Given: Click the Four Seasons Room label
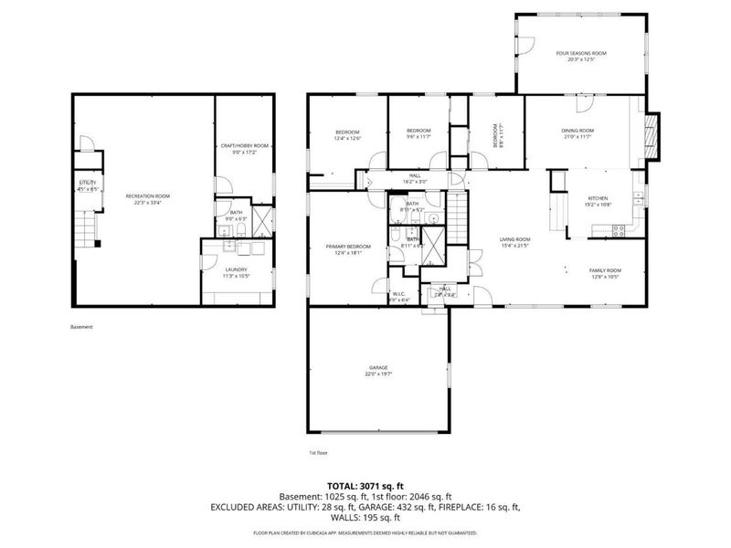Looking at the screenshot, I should click(581, 54).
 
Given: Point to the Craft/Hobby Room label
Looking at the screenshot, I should click(244, 146).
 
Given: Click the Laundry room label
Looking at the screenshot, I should click(236, 269).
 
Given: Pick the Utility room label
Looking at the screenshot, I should click(88, 184).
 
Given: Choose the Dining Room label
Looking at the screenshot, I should click(577, 131).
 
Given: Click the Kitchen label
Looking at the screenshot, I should click(598, 198).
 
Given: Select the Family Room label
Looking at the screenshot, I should click(605, 270).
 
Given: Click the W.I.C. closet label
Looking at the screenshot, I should click(399, 294).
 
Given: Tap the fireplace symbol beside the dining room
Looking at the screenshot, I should click(652, 125).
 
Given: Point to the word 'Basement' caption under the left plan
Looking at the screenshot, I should click(81, 327).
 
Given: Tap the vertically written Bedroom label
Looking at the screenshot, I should click(495, 135).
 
